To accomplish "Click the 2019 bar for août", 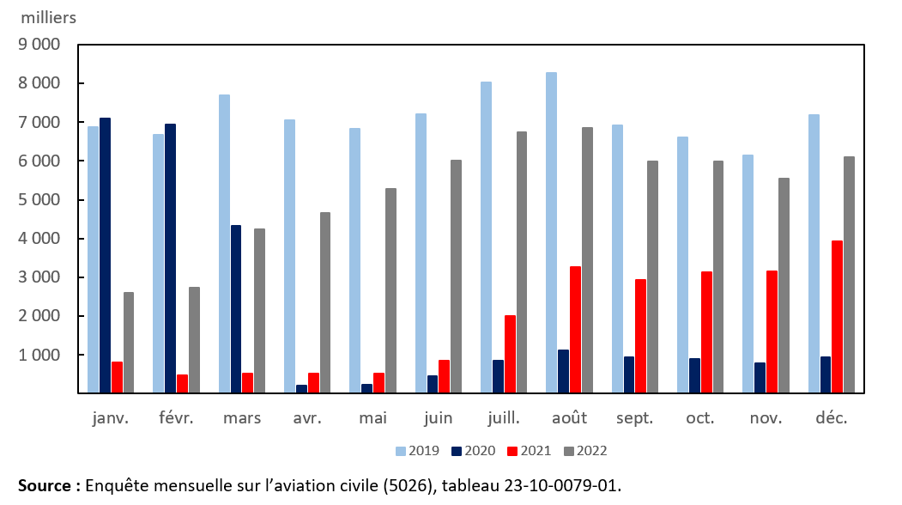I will coord(552,233).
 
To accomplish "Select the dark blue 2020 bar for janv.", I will coord(105,255).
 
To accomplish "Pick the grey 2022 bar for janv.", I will coord(129,343).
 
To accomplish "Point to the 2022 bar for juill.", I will coord(522,262).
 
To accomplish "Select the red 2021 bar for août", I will coord(575,330).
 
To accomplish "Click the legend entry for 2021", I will coord(529,450).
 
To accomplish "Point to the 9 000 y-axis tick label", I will coord(39,45).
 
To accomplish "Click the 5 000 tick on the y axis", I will coord(39,199).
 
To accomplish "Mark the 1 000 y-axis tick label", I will coord(39,355).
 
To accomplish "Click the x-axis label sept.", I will coord(635,418).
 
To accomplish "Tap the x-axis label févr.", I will coord(177,418).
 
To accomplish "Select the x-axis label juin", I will coord(439,418).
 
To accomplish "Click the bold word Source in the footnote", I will coord(44,486).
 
